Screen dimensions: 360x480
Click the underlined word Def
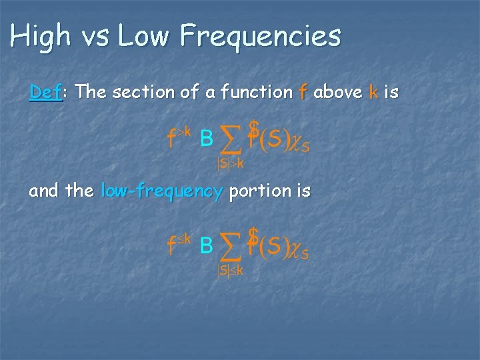(45, 92)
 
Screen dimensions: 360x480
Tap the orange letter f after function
(303, 92)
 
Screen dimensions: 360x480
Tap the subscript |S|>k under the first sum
(229, 163)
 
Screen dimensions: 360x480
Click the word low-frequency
(161, 191)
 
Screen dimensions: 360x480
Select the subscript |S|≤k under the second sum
(229, 270)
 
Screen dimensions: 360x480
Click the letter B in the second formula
(206, 247)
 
